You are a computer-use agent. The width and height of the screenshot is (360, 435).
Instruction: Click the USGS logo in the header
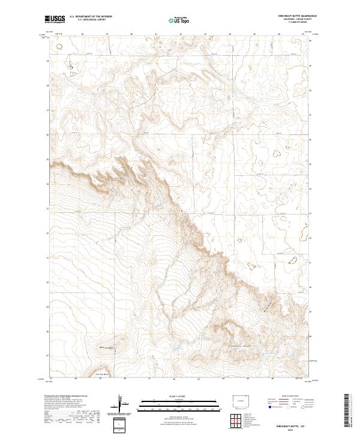(x=55, y=19)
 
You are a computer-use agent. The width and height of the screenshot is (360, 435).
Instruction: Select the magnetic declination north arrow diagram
(x=120, y=406)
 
